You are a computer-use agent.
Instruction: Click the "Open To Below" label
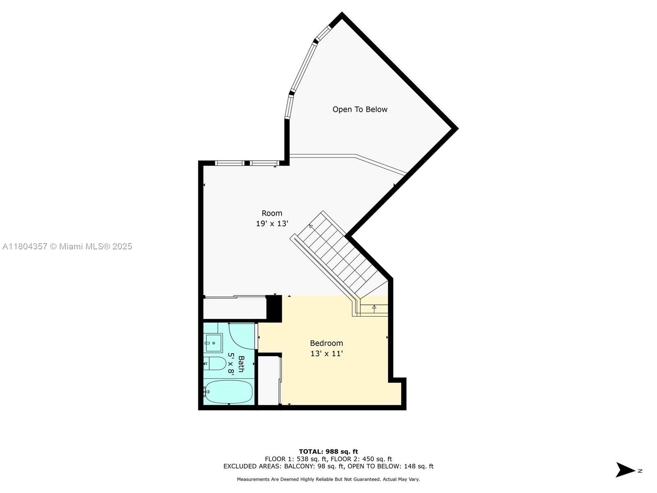tap(359, 110)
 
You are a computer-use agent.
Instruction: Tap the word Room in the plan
tap(272, 213)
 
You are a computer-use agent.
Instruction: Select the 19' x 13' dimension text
tap(272, 223)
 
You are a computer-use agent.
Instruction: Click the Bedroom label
tap(326, 343)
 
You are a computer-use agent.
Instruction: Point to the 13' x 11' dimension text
tap(326, 353)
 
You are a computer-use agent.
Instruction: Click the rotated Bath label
tap(241, 364)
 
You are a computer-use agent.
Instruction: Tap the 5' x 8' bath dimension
tap(231, 364)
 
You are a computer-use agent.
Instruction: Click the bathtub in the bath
tap(228, 392)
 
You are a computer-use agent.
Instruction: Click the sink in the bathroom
tap(214, 343)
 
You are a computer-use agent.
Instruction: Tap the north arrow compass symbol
tap(625, 470)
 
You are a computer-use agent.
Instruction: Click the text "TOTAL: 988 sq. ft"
tap(328, 452)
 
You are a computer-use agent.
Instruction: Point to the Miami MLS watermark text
tap(67, 246)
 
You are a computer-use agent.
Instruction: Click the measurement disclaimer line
tap(328, 479)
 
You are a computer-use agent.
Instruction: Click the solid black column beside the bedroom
tap(274, 309)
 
